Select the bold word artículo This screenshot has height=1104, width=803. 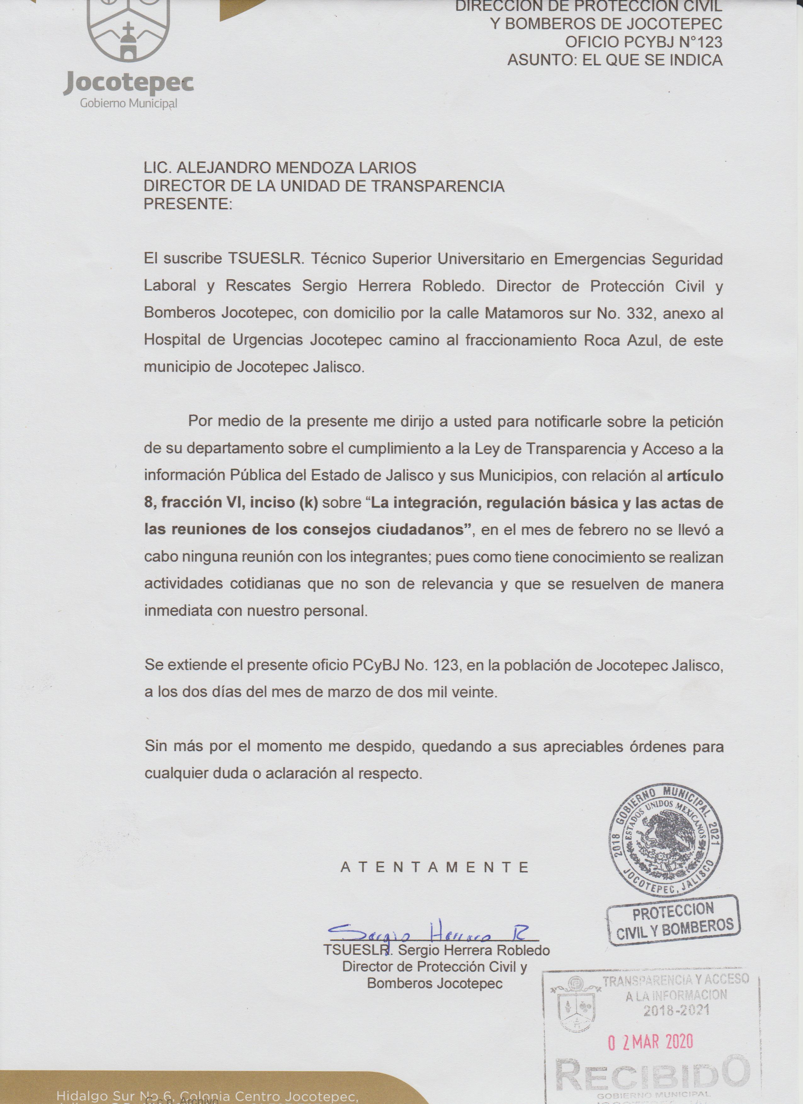point(694,476)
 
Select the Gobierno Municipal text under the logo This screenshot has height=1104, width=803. point(128,104)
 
